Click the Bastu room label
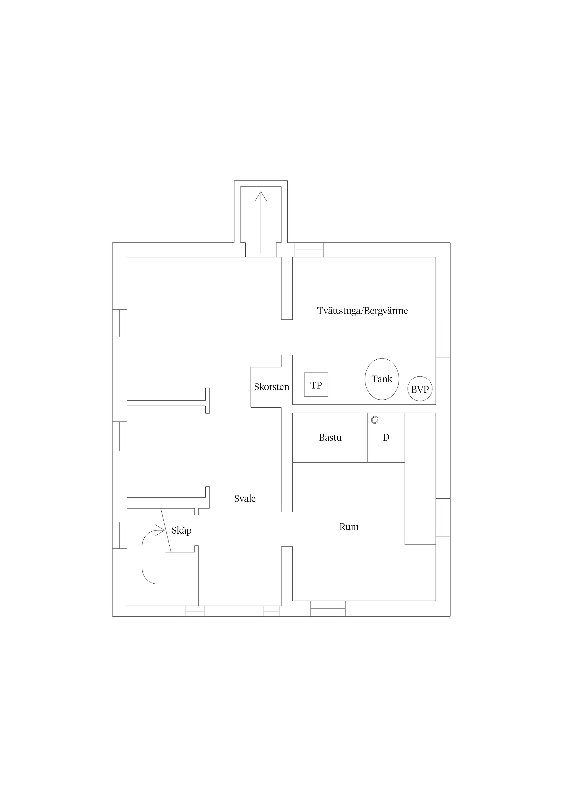coord(330,438)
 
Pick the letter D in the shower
coord(386,438)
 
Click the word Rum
coord(349,527)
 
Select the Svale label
coord(245,499)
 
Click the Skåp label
coord(181,531)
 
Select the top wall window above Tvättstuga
coord(309,250)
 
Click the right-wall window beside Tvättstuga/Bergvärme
coord(443,339)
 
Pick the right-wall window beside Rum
coord(443,517)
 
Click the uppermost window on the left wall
coord(120,323)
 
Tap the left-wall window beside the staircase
coord(120,535)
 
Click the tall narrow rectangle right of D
coord(420,479)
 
